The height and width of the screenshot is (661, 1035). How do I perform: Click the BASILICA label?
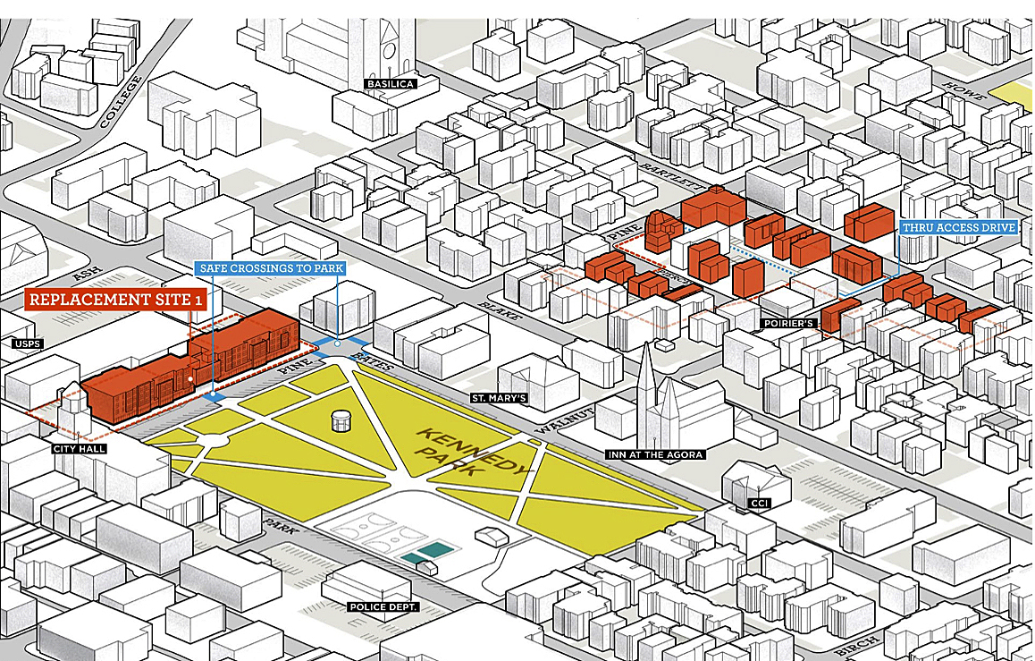[x=388, y=84]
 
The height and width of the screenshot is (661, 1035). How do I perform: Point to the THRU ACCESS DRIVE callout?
[x=959, y=228]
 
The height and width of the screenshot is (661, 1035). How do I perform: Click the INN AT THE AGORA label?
[x=656, y=454]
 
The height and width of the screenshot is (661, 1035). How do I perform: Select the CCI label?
[x=760, y=504]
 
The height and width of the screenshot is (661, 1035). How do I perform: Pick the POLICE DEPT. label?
[x=383, y=606]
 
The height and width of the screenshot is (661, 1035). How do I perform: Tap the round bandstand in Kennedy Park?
[x=341, y=420]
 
